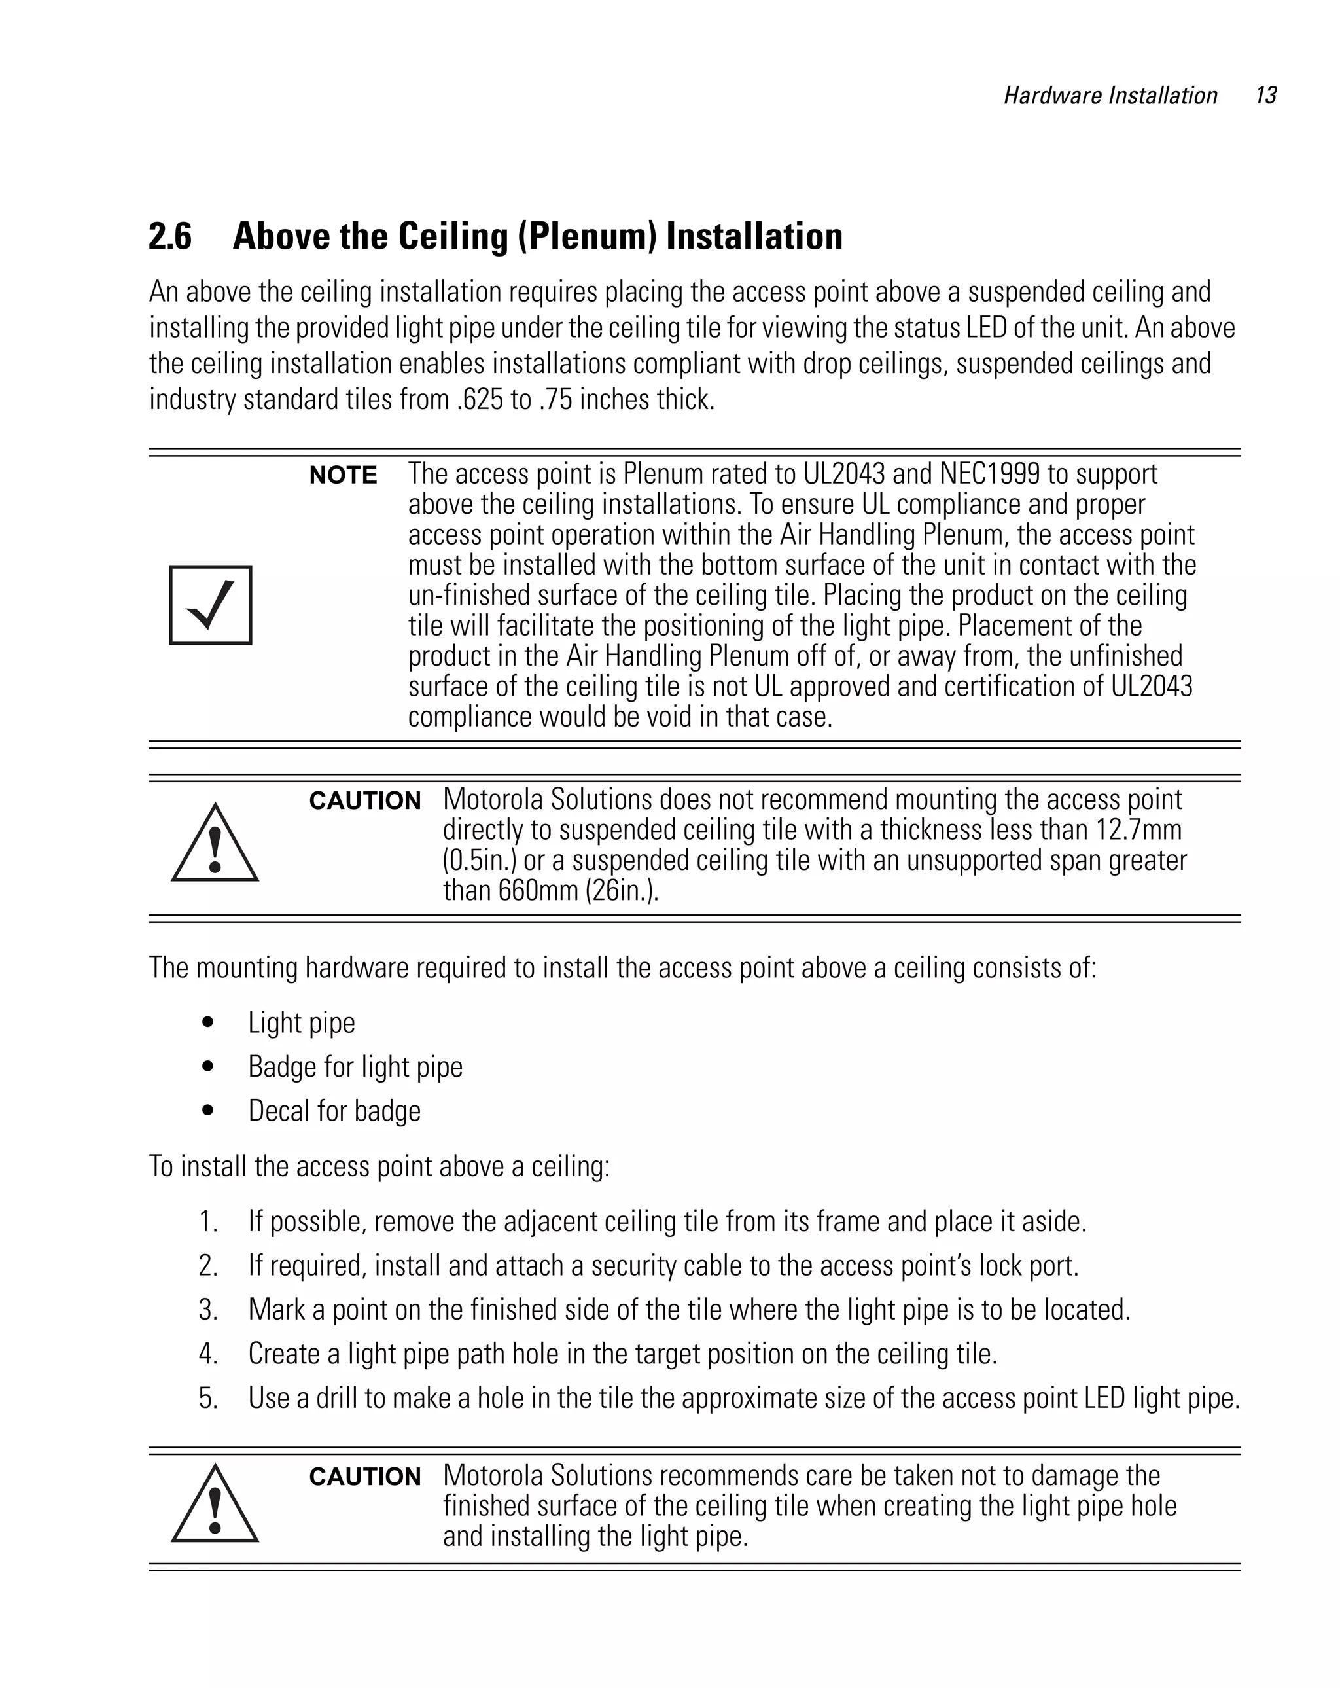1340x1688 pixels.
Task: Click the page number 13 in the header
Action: click(1265, 96)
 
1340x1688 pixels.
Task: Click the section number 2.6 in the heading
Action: click(170, 236)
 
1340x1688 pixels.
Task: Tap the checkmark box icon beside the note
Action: click(211, 605)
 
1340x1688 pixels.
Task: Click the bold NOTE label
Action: click(343, 475)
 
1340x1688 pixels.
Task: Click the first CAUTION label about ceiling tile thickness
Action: click(364, 801)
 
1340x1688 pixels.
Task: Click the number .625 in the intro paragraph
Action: click(479, 400)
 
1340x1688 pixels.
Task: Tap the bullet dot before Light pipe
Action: click(207, 1022)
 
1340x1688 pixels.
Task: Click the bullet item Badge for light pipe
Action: click(355, 1067)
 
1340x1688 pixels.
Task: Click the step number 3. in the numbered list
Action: click(208, 1310)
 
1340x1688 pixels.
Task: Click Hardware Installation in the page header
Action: click(1110, 96)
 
